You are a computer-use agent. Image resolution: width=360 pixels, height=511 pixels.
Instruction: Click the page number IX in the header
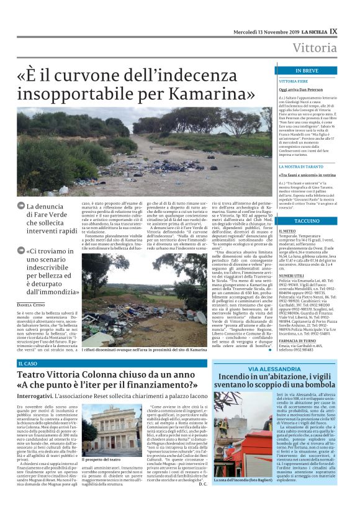pos(334,30)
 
